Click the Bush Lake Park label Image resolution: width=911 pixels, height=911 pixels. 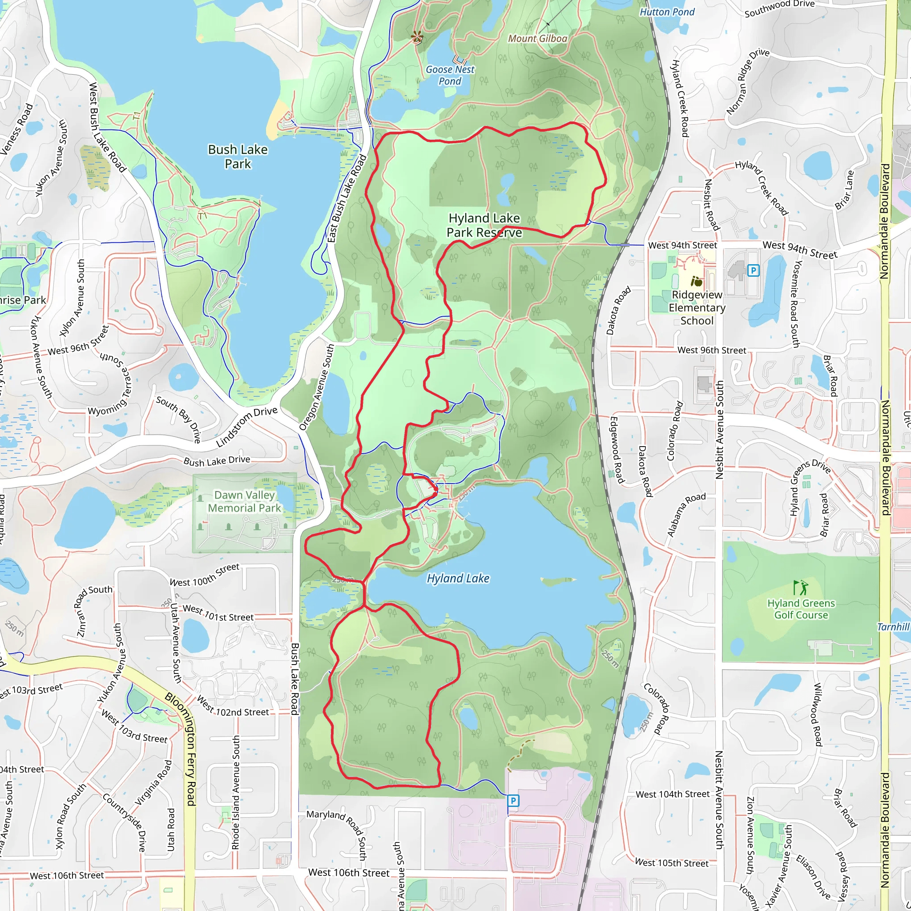[238, 157]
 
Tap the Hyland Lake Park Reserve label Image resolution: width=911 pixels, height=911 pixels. [484, 226]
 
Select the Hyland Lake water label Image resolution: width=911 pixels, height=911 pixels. [458, 579]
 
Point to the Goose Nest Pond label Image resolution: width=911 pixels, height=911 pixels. [450, 76]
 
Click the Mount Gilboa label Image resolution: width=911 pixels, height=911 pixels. [537, 39]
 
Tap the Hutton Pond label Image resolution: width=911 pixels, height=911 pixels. [667, 12]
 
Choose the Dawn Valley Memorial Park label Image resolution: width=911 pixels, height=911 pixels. [244, 501]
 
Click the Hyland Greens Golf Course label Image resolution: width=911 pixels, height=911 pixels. [801, 609]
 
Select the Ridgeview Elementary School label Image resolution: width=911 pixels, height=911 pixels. [697, 307]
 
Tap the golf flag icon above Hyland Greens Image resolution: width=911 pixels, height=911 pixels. [800, 588]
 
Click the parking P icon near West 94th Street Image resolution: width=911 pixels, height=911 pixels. [753, 270]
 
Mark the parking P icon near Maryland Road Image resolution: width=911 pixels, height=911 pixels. [513, 800]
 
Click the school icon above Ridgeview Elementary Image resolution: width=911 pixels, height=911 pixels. [697, 282]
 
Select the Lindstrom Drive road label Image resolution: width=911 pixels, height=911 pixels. [246, 427]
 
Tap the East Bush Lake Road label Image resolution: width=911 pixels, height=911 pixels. [347, 198]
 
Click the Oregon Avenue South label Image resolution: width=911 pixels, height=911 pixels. [317, 387]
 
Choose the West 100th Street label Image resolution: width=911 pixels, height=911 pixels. [205, 575]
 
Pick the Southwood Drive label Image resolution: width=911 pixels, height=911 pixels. [779, 8]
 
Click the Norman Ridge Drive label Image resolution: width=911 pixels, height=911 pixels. [748, 81]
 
